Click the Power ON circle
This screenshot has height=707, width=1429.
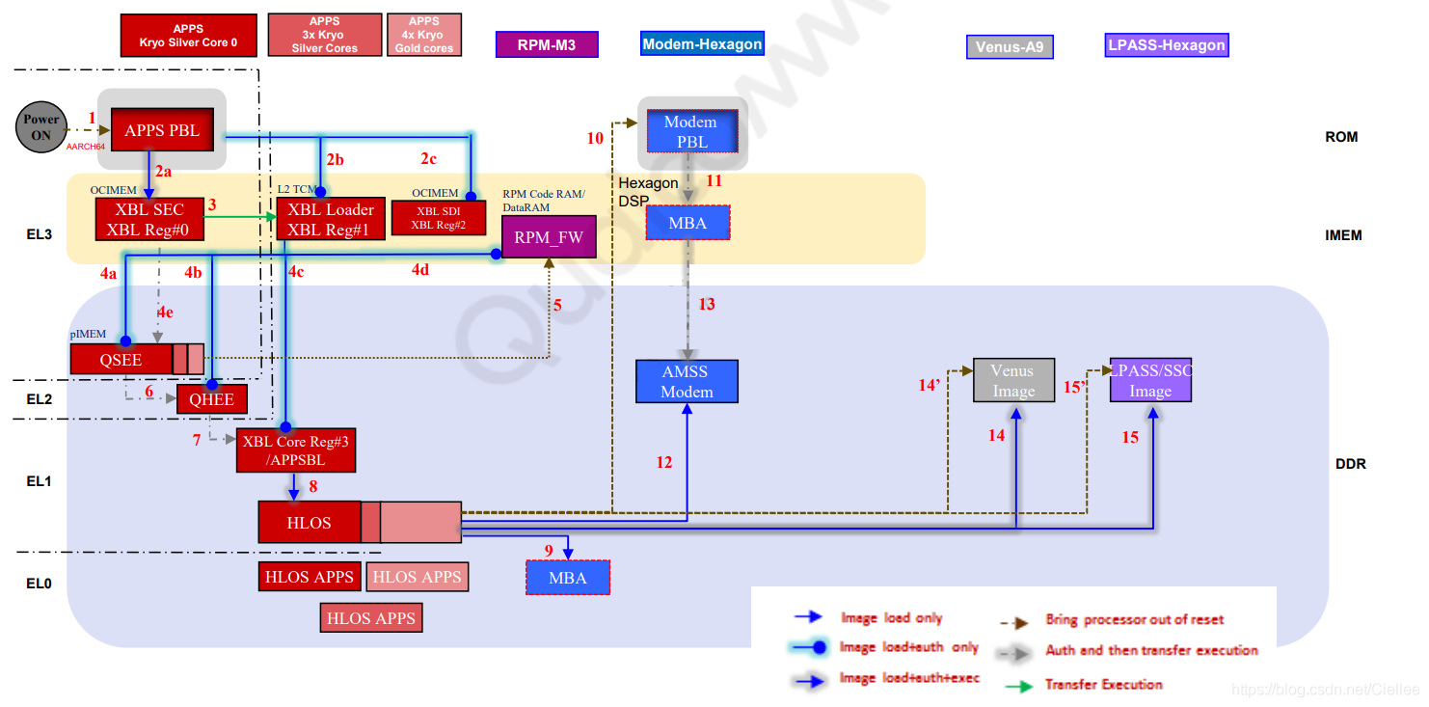[x=41, y=127]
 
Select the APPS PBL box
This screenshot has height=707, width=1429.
[x=162, y=130]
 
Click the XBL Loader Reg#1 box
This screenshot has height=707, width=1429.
[x=325, y=220]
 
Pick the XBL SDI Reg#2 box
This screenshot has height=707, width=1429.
[x=439, y=218]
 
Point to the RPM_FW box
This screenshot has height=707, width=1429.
[x=549, y=237]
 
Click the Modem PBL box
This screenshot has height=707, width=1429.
[x=690, y=131]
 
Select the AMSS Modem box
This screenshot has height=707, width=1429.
[x=687, y=382]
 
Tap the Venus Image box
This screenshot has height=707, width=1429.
[x=1013, y=380]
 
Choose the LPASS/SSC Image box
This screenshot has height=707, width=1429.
[x=1150, y=380]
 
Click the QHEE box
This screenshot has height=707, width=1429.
[x=211, y=399]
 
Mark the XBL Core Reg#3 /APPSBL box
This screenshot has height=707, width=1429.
[x=295, y=450]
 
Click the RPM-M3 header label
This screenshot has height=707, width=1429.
[x=547, y=45]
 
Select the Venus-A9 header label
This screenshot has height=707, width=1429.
[x=1010, y=46]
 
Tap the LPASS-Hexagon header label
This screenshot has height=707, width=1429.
[x=1167, y=44]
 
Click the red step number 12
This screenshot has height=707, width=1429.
[x=664, y=463]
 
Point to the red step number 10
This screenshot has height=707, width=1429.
[x=595, y=139]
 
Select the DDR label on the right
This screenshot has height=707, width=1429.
[x=1350, y=464]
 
